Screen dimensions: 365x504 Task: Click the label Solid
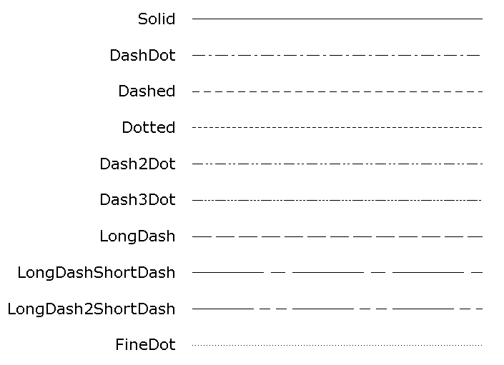pyautogui.click(x=156, y=19)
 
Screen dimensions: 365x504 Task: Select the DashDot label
pyautogui.click(x=142, y=55)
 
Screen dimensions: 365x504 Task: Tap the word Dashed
pyautogui.click(x=147, y=91)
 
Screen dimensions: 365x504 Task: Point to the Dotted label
pyautogui.click(x=148, y=128)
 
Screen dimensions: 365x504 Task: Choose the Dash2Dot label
pyautogui.click(x=137, y=164)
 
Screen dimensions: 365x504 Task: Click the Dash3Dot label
pyautogui.click(x=137, y=200)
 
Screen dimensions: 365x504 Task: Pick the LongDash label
pyautogui.click(x=137, y=236)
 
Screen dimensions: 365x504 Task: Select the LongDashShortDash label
pyautogui.click(x=97, y=273)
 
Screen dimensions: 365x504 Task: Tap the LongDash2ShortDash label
pyautogui.click(x=92, y=309)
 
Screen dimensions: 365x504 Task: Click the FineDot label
pyautogui.click(x=145, y=346)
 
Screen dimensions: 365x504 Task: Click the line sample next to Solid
pyautogui.click(x=337, y=19)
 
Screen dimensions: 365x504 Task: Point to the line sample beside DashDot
pyautogui.click(x=337, y=55)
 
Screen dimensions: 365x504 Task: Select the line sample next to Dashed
pyautogui.click(x=337, y=91)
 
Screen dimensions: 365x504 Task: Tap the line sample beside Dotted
pyautogui.click(x=337, y=128)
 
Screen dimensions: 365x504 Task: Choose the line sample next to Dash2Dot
pyautogui.click(x=337, y=164)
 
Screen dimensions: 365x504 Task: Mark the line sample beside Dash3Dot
pyautogui.click(x=337, y=201)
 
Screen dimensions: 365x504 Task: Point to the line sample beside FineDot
pyautogui.click(x=337, y=345)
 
